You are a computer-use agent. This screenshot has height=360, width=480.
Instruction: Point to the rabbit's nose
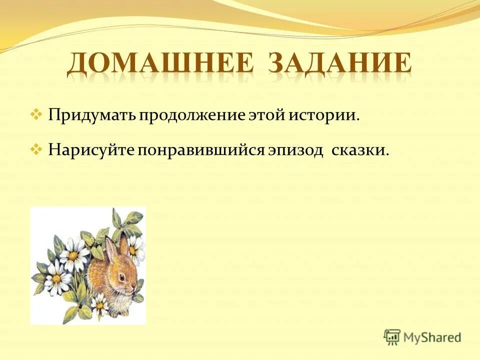[134, 288]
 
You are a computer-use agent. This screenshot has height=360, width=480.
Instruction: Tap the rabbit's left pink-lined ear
[109, 250]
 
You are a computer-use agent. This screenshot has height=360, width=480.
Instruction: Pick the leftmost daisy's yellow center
[56, 277]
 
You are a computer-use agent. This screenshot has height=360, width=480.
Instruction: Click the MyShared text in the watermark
[432, 337]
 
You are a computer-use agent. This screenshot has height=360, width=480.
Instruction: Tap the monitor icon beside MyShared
[392, 337]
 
